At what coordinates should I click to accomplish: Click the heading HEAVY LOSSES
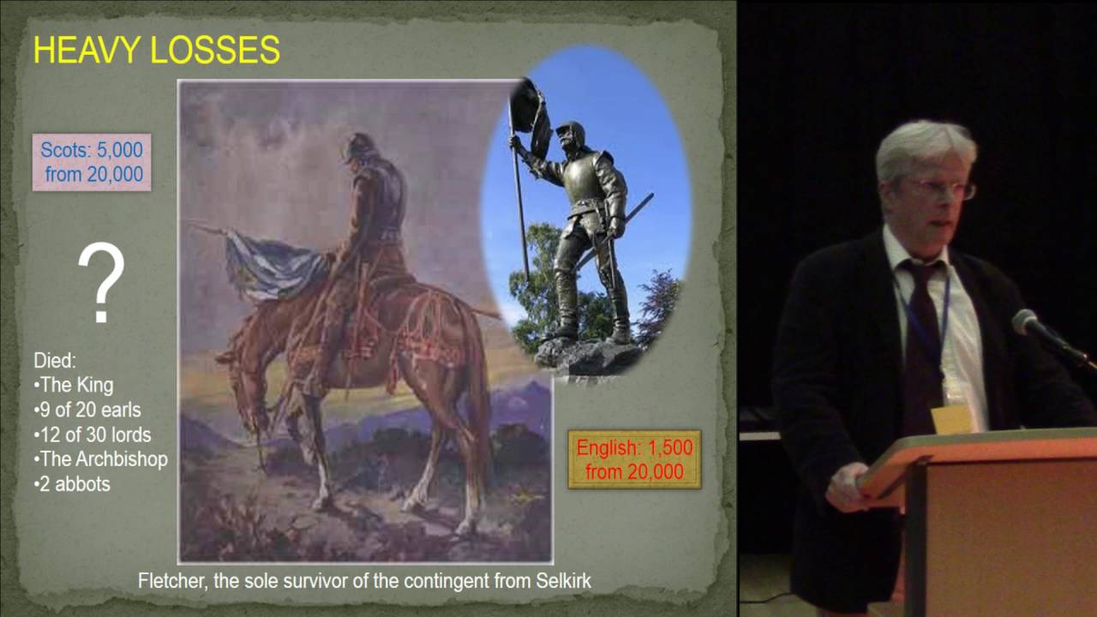click(x=156, y=51)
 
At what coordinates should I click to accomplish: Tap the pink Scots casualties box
click(x=92, y=162)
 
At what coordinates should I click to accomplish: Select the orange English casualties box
click(x=634, y=459)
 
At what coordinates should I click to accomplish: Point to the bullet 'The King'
click(x=75, y=385)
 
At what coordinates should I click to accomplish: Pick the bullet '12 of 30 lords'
click(x=93, y=434)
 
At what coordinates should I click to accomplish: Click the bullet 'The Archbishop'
click(x=101, y=458)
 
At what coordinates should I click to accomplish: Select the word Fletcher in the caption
click(x=169, y=581)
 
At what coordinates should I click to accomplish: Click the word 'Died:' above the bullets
click(x=54, y=360)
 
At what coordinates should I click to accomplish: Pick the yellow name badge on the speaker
click(x=951, y=418)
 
